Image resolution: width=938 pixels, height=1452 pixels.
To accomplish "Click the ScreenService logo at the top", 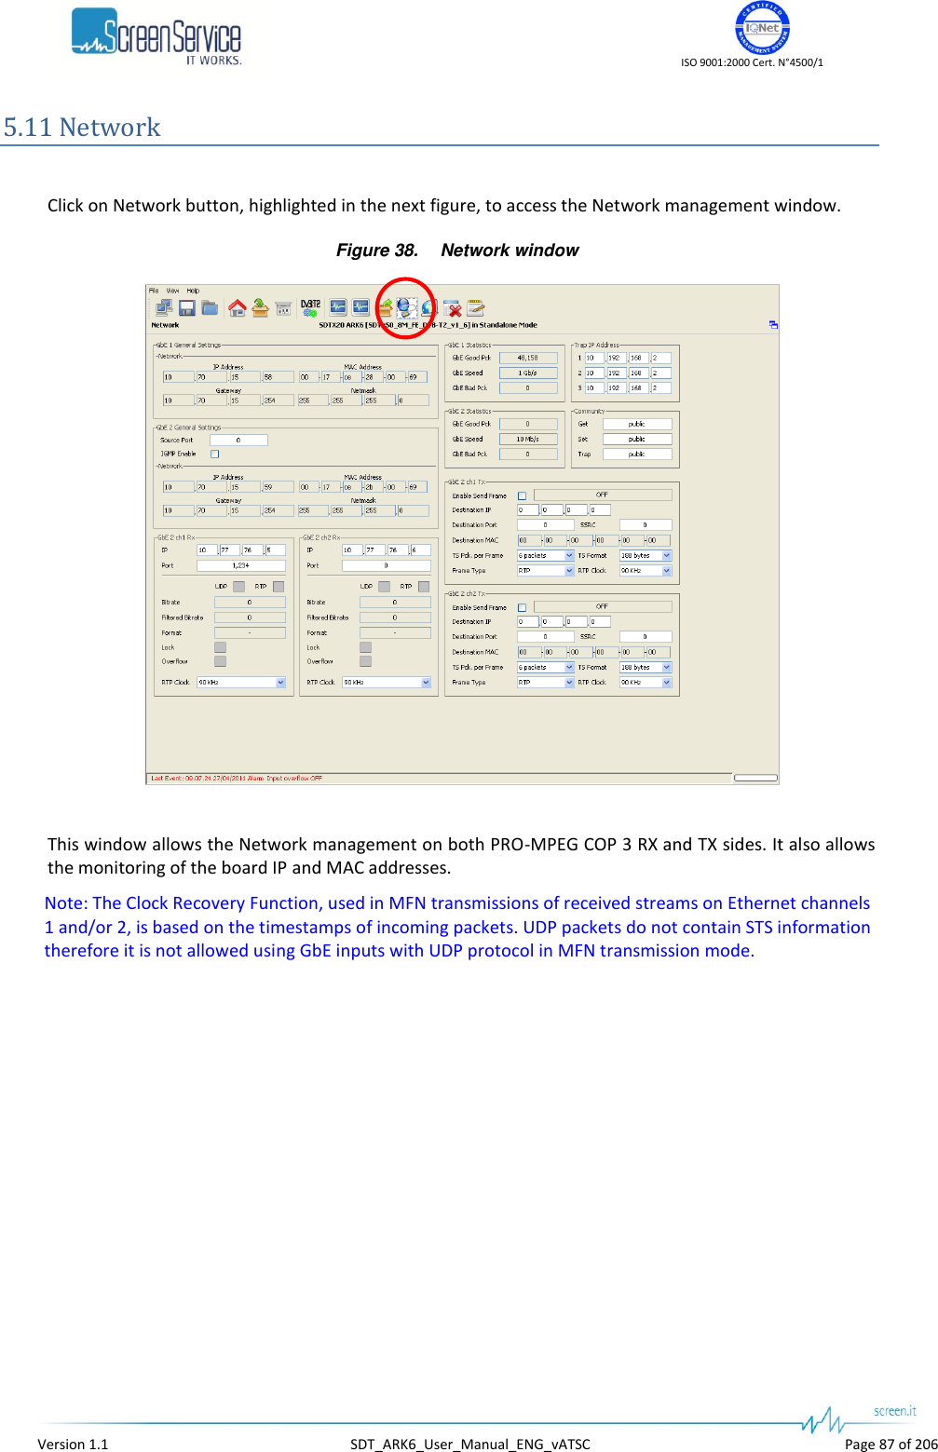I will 156,37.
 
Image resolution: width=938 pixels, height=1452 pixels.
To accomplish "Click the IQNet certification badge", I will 762,28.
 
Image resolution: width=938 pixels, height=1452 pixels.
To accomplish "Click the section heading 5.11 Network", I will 82,128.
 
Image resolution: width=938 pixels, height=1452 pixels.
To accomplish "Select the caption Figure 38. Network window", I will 456,251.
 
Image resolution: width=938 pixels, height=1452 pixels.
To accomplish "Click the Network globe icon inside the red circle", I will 406,307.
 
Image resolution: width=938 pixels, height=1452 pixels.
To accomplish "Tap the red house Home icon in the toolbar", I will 237,308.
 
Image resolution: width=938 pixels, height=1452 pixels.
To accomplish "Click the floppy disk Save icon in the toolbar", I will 186,308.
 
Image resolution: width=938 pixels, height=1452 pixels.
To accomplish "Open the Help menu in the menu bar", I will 193,291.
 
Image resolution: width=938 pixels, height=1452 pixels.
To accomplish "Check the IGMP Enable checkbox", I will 215,455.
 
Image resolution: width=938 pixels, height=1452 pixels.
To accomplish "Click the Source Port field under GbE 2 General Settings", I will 238,441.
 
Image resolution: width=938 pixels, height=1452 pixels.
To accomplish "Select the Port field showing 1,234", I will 240,565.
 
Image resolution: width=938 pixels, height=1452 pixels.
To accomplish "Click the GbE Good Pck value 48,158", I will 528,358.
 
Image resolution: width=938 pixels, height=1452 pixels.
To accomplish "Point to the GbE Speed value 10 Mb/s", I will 528,439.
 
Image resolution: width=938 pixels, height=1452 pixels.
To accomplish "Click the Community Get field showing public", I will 636,424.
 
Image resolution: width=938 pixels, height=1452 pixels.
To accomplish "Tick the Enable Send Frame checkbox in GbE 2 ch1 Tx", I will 522,495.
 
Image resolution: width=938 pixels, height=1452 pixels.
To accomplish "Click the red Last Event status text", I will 237,779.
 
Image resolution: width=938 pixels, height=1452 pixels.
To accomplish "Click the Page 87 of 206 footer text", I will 890,1445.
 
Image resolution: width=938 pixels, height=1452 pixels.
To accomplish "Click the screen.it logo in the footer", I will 894,1411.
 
